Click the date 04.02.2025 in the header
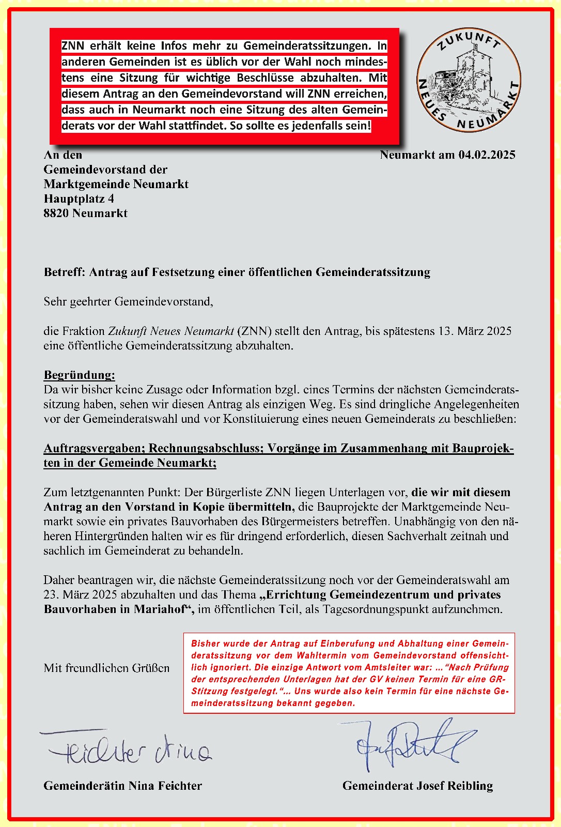tap(487, 155)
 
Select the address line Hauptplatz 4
tap(79, 199)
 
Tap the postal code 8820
tap(56, 213)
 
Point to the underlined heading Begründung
tap(79, 375)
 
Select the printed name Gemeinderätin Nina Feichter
tap(122, 786)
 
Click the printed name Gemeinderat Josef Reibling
tap(417, 786)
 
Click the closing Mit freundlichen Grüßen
tap(106, 668)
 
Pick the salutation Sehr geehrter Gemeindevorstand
tap(128, 301)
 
